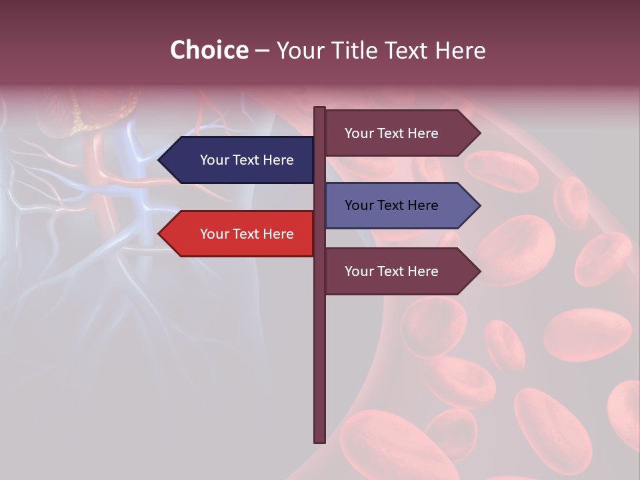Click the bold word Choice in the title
pos(209,50)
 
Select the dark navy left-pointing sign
pos(240,160)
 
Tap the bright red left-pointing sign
pos(240,234)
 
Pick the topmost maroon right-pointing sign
pos(397,133)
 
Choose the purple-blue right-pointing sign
pos(397,205)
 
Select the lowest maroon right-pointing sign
pos(397,271)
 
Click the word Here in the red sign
pos(278,234)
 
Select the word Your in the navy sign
pos(214,160)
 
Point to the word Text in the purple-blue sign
pos(391,205)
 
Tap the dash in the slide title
pos(262,51)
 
